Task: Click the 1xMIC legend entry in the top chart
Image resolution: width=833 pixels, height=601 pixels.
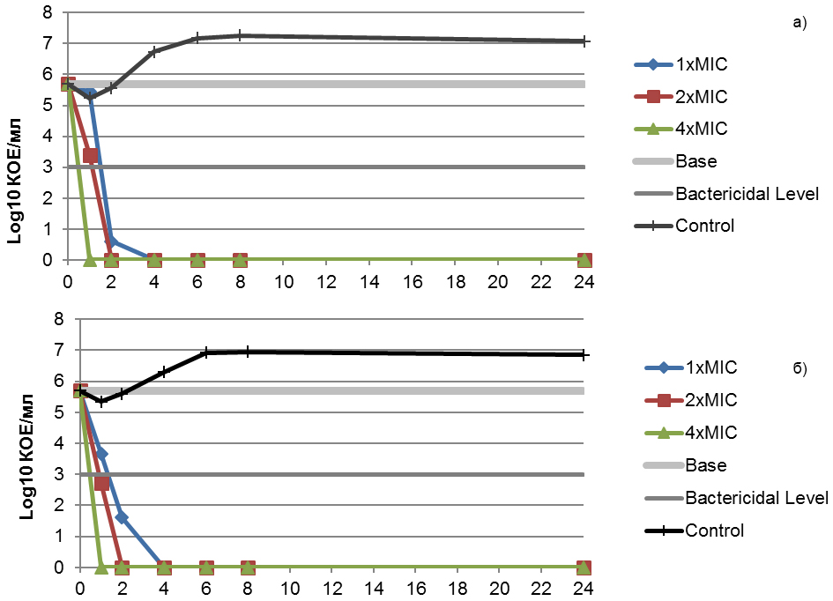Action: click(x=702, y=64)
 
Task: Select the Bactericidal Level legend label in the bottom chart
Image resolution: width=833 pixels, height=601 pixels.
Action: click(x=756, y=498)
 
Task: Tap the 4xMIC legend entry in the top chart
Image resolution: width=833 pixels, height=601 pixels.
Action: click(x=702, y=129)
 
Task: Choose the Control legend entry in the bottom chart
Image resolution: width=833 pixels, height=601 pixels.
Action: click(x=714, y=531)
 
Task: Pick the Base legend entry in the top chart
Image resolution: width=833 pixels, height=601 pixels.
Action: click(x=695, y=161)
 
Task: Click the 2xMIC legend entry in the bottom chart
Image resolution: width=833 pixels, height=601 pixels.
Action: click(x=710, y=400)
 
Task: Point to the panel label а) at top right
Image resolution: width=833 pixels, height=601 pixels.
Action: click(x=799, y=23)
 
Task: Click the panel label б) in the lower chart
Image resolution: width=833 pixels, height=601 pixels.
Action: click(x=800, y=367)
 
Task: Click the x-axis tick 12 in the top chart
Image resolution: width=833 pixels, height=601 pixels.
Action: click(x=326, y=282)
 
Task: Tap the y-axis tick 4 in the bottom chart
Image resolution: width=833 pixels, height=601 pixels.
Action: click(x=60, y=443)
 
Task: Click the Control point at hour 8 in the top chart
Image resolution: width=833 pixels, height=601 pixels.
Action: click(x=240, y=36)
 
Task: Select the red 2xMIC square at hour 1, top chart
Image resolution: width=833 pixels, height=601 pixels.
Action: click(x=90, y=156)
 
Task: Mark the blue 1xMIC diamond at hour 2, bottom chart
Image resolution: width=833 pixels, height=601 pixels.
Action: click(x=122, y=517)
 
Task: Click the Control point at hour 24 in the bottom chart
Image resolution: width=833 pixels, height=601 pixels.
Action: click(x=584, y=354)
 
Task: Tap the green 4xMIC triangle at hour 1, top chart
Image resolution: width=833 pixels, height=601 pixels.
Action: click(x=89, y=259)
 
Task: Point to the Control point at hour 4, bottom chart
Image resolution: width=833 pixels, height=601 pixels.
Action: click(x=164, y=373)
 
